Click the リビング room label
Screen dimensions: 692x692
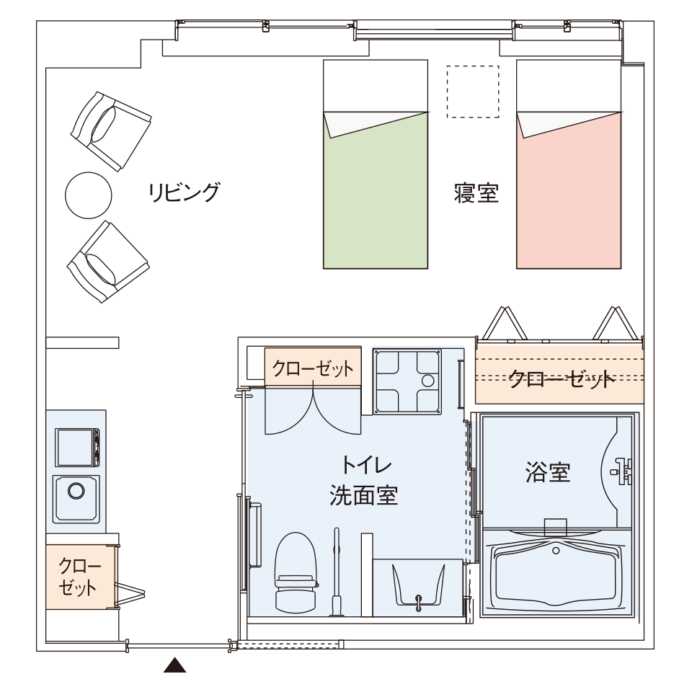(184, 192)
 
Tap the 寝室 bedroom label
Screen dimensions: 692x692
(476, 193)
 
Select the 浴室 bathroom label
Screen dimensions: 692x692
(548, 471)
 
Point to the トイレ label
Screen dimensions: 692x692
(365, 465)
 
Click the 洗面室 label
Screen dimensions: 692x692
(364, 495)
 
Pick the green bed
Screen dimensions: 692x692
(376, 164)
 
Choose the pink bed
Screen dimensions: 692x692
(569, 164)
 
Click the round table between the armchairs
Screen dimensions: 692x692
(88, 195)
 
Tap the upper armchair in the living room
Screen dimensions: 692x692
(111, 131)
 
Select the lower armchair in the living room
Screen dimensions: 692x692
(108, 262)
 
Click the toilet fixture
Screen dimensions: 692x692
(296, 572)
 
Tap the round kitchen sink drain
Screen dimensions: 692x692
(76, 491)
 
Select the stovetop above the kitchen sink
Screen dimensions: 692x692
(77, 447)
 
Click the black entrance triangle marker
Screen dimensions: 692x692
(174, 665)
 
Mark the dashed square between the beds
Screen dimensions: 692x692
(473, 92)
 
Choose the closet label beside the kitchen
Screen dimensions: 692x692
(78, 577)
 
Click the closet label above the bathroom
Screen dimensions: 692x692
(561, 378)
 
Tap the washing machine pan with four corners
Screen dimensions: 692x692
(407, 381)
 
